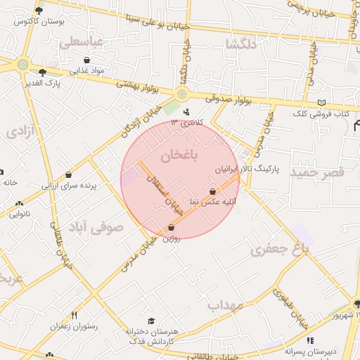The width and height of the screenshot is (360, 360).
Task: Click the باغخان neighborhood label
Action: coord(181,155)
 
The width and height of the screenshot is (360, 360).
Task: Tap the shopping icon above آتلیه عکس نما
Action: coord(213,191)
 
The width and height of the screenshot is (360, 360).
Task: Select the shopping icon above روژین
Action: coord(172,228)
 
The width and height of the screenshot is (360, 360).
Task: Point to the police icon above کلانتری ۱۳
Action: coord(186,112)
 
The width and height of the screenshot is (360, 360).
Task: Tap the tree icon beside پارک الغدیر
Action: coord(42,72)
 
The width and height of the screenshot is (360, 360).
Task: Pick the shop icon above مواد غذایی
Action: coord(86,60)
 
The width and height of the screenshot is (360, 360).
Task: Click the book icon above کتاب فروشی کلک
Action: coord(321,103)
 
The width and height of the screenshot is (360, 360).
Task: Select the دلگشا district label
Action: coord(240,44)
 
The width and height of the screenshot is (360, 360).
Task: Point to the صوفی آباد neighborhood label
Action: coord(96,227)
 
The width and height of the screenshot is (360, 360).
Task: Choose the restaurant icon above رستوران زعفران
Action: coord(74,316)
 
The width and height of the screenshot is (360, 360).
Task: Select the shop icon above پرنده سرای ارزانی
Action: coord(69,174)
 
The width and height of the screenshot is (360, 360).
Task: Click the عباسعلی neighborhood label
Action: coord(82,43)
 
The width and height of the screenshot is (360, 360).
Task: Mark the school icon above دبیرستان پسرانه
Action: coord(310,340)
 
